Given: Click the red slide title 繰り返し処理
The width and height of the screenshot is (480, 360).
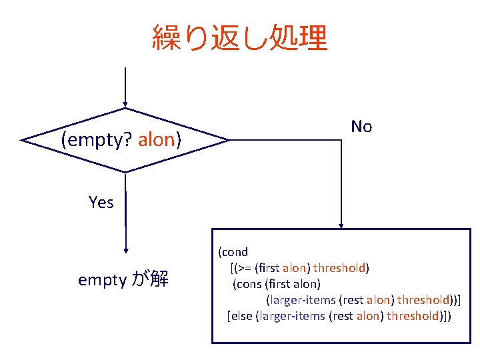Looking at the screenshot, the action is click(240, 38).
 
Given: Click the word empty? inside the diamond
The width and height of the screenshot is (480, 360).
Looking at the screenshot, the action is click(97, 140).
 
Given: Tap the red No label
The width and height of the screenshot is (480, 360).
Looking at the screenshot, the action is click(361, 126).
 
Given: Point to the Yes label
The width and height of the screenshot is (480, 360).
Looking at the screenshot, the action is click(101, 202).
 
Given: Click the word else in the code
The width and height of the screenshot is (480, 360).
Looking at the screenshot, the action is click(242, 316).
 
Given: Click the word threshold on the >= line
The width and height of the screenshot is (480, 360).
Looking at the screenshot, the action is click(339, 268).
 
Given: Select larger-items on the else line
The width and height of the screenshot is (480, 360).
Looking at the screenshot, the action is click(291, 316).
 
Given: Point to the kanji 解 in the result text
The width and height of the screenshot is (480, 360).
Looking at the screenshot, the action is click(159, 279).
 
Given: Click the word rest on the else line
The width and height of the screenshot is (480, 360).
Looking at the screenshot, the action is click(341, 316).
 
